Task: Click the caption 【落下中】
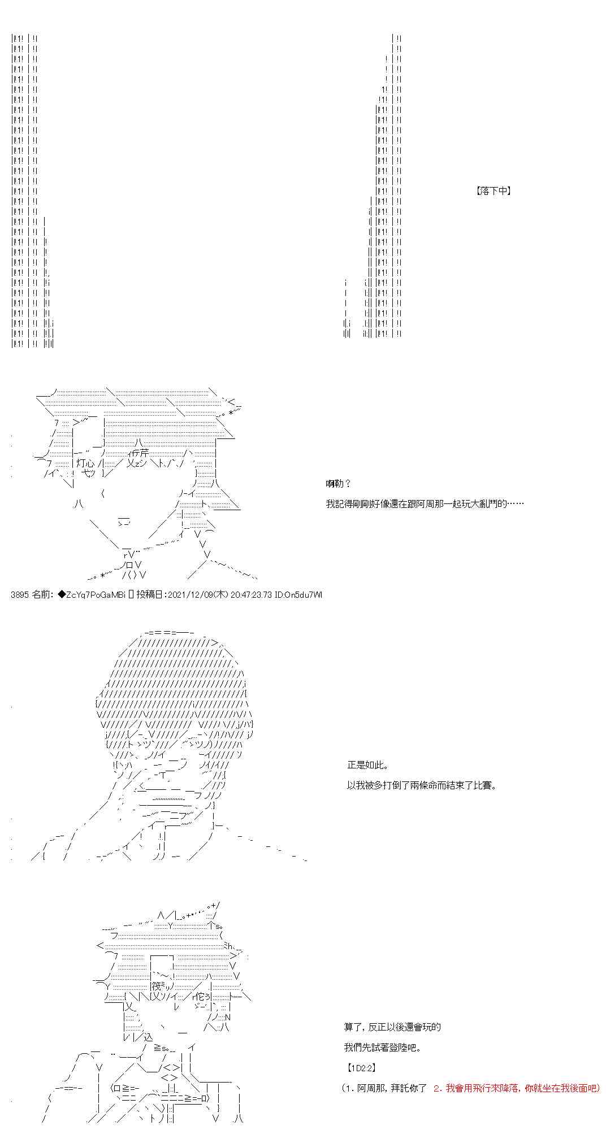click(x=494, y=191)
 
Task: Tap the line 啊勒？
click(x=338, y=484)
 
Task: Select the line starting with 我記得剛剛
click(x=425, y=503)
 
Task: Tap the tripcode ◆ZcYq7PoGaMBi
click(x=92, y=594)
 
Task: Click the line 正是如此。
click(x=367, y=766)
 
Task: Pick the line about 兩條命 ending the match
click(x=421, y=785)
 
